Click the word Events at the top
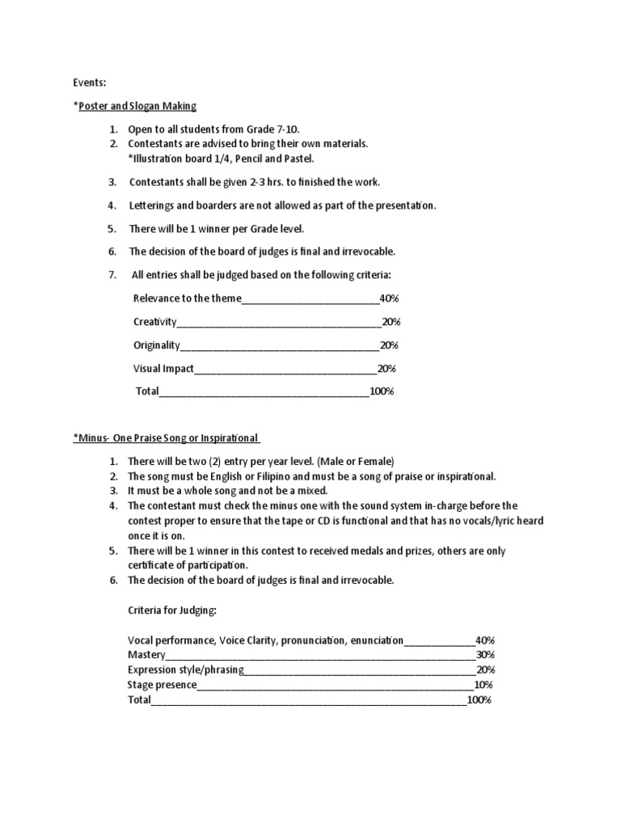(x=90, y=82)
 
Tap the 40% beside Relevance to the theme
(x=388, y=298)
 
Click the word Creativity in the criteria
(x=154, y=322)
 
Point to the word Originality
(x=156, y=345)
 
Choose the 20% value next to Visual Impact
(x=386, y=369)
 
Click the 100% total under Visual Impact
(x=381, y=391)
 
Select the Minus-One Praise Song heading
(x=166, y=438)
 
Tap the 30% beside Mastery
(x=485, y=654)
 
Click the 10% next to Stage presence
(x=484, y=685)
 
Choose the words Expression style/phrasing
(x=185, y=670)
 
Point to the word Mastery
(x=146, y=654)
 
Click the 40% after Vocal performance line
(x=485, y=640)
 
